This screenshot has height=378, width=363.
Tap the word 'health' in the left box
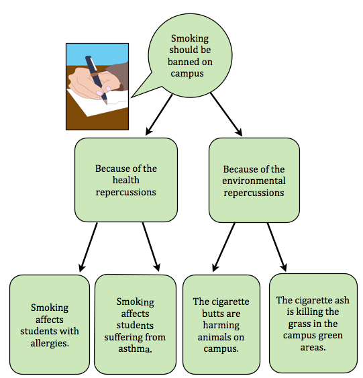[126, 180]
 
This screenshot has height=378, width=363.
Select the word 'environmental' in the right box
[254, 181]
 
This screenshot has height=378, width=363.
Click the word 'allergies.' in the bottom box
[50, 343]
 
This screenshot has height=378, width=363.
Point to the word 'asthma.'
[135, 349]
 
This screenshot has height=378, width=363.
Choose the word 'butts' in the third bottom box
[212, 314]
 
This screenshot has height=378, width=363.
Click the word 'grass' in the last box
[301, 324]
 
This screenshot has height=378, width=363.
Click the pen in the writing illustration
[96, 79]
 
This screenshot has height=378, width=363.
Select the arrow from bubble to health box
[159, 115]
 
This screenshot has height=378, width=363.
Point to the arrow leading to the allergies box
[89, 247]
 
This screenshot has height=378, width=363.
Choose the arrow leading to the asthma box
[151, 247]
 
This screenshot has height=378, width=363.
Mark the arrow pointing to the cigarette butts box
[224, 247]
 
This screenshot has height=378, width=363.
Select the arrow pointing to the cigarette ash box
[277, 247]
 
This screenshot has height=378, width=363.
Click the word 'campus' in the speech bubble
[187, 74]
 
